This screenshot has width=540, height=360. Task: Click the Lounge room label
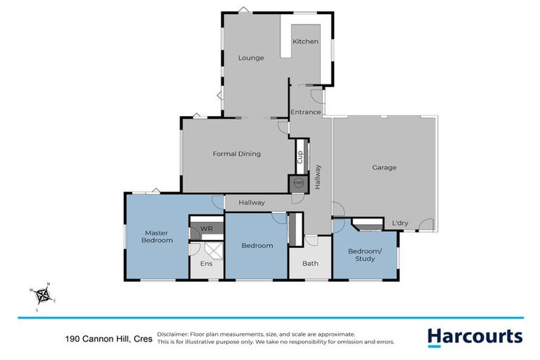pos(251,58)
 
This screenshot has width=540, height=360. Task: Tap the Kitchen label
pos(306,42)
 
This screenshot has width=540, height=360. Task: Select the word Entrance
pos(306,112)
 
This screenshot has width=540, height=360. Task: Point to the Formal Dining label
pos(237,154)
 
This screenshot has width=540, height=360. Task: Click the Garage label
pos(385,167)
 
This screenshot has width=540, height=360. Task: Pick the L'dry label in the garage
pos(400,224)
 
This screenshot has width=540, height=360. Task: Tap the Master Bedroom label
pos(159,236)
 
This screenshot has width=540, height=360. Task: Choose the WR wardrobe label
pos(207,229)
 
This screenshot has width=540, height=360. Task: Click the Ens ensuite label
pos(207,264)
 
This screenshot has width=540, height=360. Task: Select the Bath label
pos(310,264)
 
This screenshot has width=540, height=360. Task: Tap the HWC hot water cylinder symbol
pos(298,183)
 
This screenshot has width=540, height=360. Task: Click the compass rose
pos(43,295)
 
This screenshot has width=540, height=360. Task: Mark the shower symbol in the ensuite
pos(211,248)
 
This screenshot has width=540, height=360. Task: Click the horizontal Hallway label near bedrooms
pos(251,202)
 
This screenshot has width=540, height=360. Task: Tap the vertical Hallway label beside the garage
pos(319,176)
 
